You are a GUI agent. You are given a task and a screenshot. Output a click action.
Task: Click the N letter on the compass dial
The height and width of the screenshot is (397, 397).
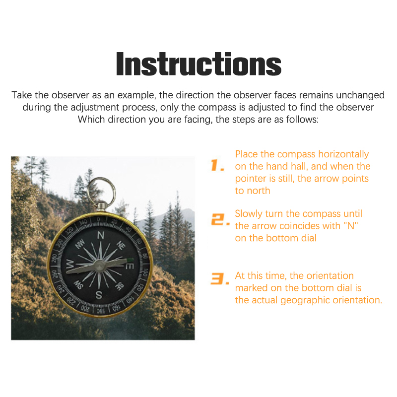coord(101,235)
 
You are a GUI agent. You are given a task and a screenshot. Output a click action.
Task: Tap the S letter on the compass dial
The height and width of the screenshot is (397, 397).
coord(99,295)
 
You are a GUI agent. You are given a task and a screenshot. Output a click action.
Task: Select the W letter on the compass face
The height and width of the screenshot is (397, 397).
coord(70,265)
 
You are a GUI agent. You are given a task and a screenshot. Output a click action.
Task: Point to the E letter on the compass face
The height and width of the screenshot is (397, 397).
coord(130,266)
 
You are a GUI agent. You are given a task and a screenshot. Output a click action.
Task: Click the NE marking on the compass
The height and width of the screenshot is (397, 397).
coord(121,245)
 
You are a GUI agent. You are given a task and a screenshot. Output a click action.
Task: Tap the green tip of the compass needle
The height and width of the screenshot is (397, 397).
coord(130,260)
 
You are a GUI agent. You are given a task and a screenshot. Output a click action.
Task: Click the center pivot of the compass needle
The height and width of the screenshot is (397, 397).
coord(99,266)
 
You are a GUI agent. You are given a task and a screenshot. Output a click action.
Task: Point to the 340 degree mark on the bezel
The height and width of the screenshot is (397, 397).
coord(83,222)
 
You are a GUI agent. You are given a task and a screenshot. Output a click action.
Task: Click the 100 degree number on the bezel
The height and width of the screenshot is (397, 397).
coord(145,272)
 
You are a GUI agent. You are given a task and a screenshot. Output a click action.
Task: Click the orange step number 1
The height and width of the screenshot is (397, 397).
coord(217,165)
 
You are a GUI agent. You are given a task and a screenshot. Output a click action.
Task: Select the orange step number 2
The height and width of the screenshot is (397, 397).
coord(220,219)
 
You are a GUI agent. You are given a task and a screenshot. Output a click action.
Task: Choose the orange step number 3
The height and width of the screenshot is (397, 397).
coord(220,278)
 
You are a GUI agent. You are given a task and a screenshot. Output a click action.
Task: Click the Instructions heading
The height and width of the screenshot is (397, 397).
coord(199,64)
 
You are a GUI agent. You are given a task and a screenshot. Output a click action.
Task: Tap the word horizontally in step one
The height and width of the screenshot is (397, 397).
coord(343,154)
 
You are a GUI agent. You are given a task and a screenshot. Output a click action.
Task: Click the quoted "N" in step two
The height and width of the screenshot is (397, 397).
coord(351,226)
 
